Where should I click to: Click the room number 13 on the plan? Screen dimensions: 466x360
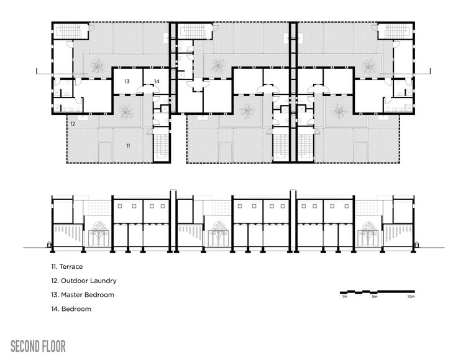(x=127, y=81)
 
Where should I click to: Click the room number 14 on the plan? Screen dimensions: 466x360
(x=157, y=81)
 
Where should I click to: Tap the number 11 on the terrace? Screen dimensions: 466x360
(x=128, y=145)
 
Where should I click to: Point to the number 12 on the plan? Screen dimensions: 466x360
(x=73, y=124)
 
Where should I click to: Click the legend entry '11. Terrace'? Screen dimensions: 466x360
(x=67, y=266)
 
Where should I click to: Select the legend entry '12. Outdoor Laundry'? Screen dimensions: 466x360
(x=84, y=281)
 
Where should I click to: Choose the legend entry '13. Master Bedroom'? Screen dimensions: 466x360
(x=83, y=295)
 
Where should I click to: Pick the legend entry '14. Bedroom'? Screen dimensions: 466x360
(x=71, y=308)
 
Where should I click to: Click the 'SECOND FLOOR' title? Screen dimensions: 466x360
(x=38, y=346)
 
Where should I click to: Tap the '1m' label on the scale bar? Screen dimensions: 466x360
(x=345, y=297)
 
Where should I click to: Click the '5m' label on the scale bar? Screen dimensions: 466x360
(x=375, y=297)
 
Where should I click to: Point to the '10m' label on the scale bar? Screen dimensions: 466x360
(x=411, y=297)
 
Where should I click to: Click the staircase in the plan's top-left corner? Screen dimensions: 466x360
(x=70, y=31)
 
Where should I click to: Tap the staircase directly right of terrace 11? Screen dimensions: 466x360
(x=162, y=145)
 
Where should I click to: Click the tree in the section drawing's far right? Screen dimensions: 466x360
(x=368, y=233)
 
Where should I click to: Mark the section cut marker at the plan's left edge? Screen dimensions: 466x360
(x=37, y=71)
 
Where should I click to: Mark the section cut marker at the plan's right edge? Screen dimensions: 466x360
(x=430, y=71)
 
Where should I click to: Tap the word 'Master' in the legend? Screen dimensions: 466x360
(x=72, y=295)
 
